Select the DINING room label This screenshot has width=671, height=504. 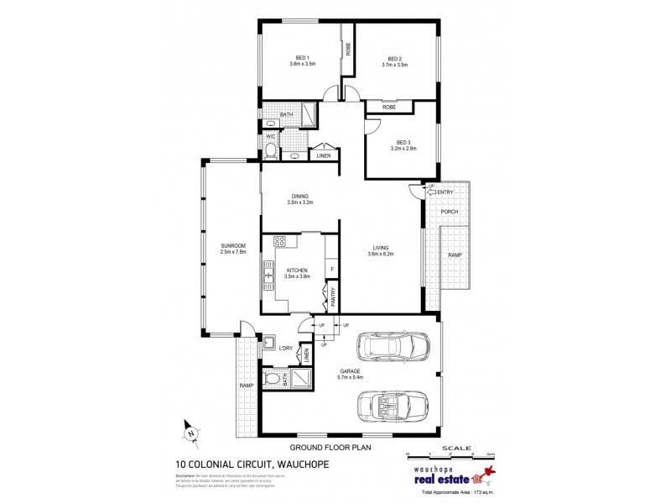(299, 197)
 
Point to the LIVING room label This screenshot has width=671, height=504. (382, 247)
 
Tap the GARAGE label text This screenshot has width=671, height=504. (351, 370)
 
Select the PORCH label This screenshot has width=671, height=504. (450, 211)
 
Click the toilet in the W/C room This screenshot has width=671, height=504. (270, 151)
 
